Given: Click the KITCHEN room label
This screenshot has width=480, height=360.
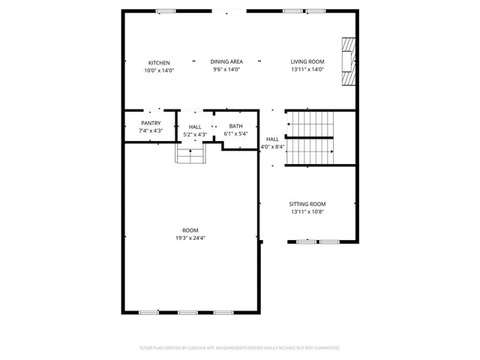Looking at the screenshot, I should click(159, 62).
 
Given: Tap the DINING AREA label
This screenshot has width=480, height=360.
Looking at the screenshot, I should click(226, 62).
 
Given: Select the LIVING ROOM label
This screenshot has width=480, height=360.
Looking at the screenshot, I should click(307, 62).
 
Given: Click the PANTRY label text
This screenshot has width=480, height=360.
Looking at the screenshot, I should click(151, 123).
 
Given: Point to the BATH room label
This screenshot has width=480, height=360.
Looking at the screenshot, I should click(235, 126).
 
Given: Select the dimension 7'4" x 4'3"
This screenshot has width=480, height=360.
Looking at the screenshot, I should click(151, 130).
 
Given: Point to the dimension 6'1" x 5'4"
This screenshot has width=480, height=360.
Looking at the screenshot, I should click(235, 133).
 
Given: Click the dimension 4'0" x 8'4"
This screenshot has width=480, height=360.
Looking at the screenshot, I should click(272, 147).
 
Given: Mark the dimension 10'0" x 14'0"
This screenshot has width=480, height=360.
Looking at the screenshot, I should click(159, 70).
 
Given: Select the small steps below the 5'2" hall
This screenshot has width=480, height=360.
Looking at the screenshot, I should click(191, 154).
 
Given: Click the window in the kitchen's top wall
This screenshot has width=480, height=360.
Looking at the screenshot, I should click(165, 11).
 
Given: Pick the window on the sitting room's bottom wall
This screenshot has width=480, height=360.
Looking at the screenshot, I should click(318, 241).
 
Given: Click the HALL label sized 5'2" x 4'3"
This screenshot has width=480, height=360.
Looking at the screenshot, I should click(195, 127).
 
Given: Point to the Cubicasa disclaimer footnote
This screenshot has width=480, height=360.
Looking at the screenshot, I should click(240, 348).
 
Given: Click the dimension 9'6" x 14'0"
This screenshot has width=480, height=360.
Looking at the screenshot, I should click(226, 70).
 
